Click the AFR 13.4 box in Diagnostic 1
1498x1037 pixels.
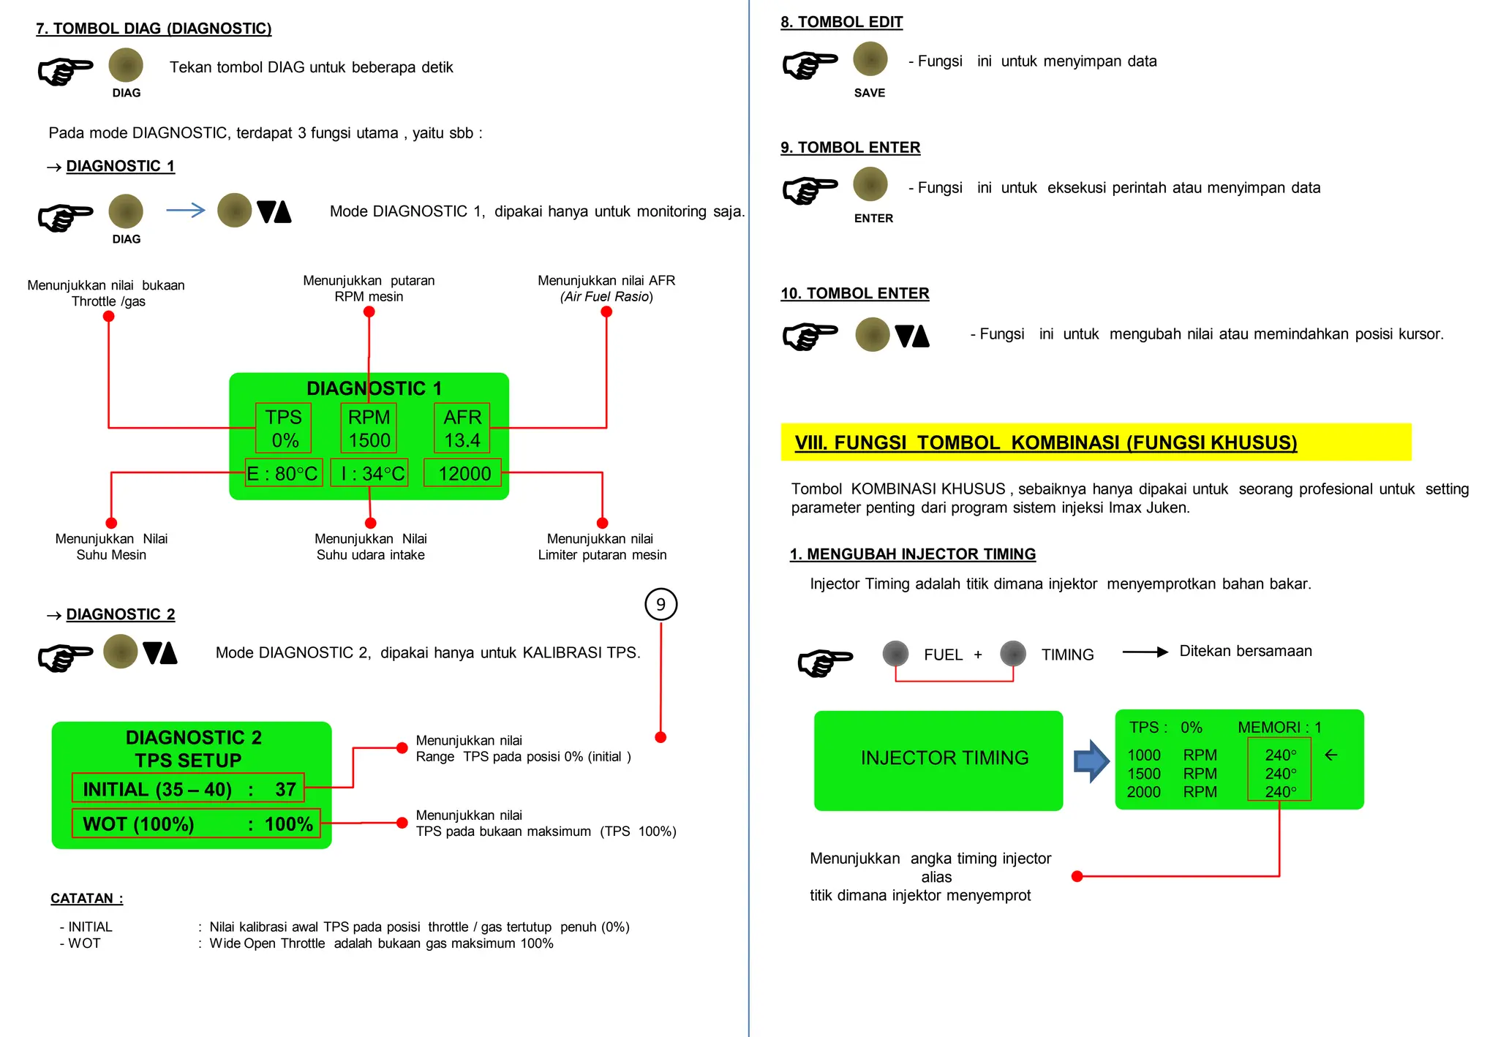tap(462, 429)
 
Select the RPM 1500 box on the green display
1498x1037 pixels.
tap(369, 429)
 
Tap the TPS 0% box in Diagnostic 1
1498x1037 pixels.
tap(283, 429)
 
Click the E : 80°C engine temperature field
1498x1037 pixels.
tap(283, 473)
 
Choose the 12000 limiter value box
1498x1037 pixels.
tap(464, 473)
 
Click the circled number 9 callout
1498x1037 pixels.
tap(660, 605)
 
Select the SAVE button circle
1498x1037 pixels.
tap(870, 59)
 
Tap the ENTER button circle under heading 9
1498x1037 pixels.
tap(870, 184)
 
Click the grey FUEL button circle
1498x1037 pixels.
tap(895, 653)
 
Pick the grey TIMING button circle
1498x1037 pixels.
tap(1013, 653)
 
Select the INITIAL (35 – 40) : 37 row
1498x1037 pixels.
tap(188, 788)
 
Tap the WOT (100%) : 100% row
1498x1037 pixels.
tap(196, 823)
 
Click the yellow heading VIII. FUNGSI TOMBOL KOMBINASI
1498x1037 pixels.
tap(1045, 442)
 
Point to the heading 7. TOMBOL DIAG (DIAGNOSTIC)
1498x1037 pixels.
tap(154, 29)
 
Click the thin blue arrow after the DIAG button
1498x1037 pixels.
tap(186, 211)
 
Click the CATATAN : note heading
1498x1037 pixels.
tap(86, 898)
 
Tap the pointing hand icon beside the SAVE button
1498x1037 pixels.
tap(809, 65)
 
